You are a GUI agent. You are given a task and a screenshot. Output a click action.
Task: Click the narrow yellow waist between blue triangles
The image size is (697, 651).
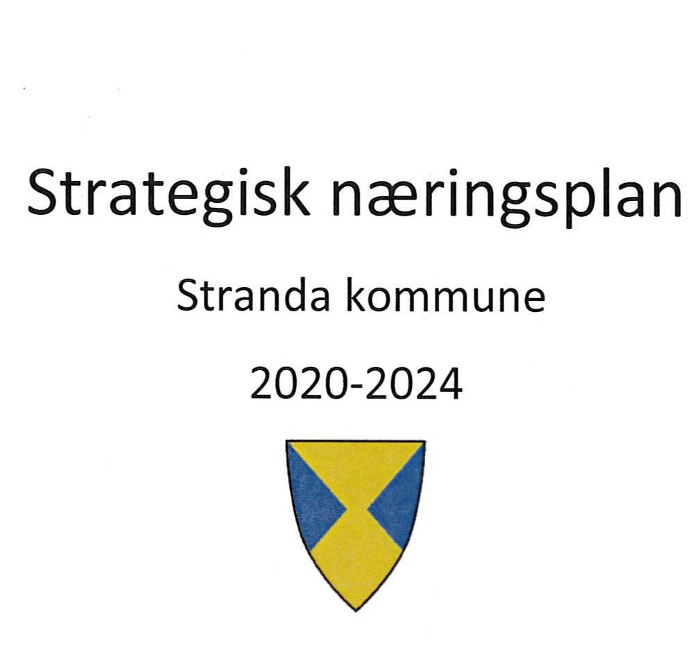tap(356, 511)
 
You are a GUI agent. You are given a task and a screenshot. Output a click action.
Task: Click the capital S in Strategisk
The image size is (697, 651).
tap(44, 191)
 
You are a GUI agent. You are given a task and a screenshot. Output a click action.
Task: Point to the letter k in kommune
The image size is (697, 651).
tap(354, 297)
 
